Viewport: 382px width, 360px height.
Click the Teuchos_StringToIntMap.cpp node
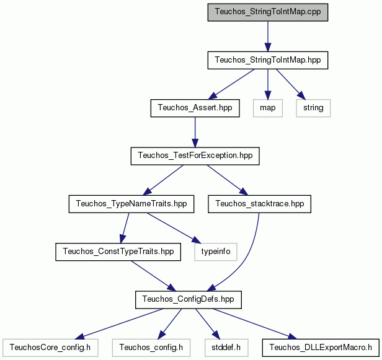pyautogui.click(x=268, y=12)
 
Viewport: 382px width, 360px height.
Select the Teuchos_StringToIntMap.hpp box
pyautogui.click(x=268, y=60)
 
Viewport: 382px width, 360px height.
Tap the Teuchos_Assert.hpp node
pyautogui.click(x=195, y=108)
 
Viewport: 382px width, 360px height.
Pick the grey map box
pyautogui.click(x=268, y=108)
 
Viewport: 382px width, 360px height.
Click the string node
pyautogui.click(x=313, y=108)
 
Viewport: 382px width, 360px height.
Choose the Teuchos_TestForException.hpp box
pyautogui.click(x=195, y=156)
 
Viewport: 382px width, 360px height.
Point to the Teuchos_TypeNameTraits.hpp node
pyautogui.click(x=131, y=204)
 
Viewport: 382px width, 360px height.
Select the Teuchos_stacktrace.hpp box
pyautogui.click(x=259, y=204)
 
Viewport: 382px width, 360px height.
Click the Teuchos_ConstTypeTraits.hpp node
pyautogui.click(x=118, y=252)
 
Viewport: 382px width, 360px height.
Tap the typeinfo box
pyautogui.click(x=216, y=252)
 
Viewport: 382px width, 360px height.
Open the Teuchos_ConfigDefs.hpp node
pyautogui.click(x=189, y=300)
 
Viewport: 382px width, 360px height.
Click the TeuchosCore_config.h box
pyautogui.click(x=50, y=348)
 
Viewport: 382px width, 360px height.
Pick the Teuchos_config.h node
pyautogui.click(x=151, y=348)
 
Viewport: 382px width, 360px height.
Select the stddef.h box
pyautogui.click(x=226, y=348)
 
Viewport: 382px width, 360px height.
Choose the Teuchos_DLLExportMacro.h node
pyautogui.click(x=321, y=348)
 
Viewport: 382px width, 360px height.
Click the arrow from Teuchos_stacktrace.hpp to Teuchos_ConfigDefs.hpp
pyautogui.click(x=247, y=258)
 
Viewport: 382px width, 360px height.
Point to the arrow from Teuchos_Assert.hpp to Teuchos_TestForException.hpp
pyautogui.click(x=195, y=132)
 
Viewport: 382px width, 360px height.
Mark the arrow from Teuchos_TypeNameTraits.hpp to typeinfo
pyautogui.click(x=174, y=228)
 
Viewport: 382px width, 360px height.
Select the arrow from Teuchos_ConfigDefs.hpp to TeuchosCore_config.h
pyautogui.click(x=119, y=324)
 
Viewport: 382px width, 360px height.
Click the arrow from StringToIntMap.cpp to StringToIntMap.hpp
pyautogui.click(x=268, y=37)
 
